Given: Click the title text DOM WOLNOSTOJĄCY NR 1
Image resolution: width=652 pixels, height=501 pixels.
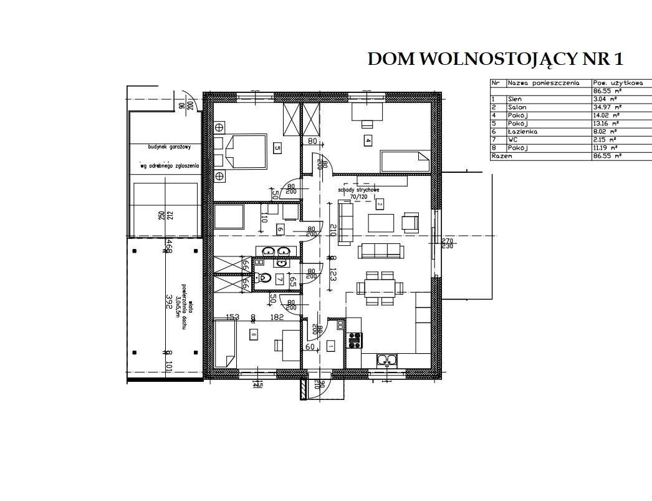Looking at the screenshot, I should (x=496, y=59).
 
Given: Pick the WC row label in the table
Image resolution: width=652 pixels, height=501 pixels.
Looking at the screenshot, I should (x=513, y=140).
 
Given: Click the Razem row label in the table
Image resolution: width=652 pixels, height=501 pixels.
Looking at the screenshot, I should (x=502, y=157).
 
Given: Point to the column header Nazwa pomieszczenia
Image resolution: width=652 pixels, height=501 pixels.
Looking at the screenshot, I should (x=544, y=82).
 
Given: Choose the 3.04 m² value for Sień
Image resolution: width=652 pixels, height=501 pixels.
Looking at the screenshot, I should (x=605, y=99).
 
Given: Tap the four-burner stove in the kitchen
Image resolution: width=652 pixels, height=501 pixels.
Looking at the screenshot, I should (x=355, y=341).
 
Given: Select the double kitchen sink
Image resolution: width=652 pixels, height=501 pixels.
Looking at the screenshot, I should (x=388, y=359).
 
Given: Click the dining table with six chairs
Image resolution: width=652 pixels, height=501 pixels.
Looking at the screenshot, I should (x=379, y=287).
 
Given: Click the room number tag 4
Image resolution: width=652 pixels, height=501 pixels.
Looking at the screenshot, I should (x=368, y=140).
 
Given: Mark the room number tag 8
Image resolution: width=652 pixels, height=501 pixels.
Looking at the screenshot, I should (x=253, y=335).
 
